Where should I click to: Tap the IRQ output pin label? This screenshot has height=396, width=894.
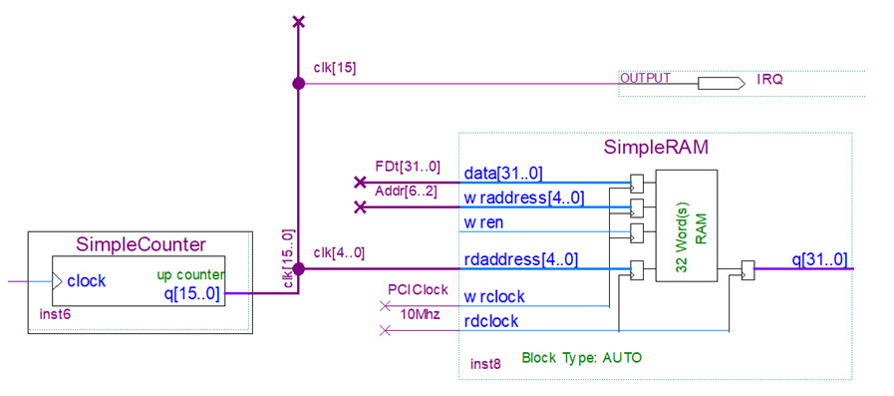tap(769, 78)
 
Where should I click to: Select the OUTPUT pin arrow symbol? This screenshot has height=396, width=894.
tap(719, 84)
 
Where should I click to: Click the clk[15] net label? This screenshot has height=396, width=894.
tap(334, 68)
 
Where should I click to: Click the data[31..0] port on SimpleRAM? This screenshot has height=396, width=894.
tap(503, 175)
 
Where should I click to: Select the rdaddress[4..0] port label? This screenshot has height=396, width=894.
tap(520, 260)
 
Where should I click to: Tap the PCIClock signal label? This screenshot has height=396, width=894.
tap(416, 288)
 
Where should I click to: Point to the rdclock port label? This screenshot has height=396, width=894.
tap(490, 320)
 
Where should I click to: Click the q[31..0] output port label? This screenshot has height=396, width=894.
tap(819, 259)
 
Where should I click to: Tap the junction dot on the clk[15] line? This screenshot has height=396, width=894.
tap(298, 84)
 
